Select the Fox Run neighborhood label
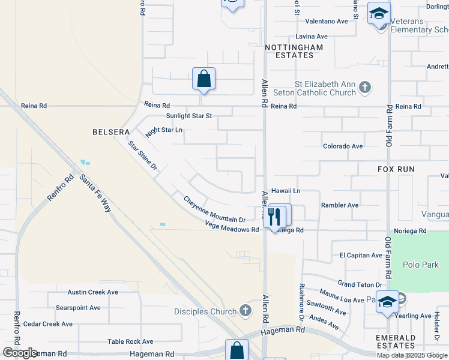click(x=396, y=170)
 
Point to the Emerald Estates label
click(x=396, y=341)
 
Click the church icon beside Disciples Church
click(x=245, y=311)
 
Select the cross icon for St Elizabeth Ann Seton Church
click(x=364, y=89)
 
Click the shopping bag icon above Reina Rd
click(x=203, y=79)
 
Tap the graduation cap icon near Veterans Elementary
click(x=379, y=13)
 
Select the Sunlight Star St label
click(x=189, y=116)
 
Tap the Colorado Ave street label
click(x=343, y=146)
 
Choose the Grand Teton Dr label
click(x=360, y=284)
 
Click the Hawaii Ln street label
click(x=285, y=190)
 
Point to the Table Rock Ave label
click(x=130, y=341)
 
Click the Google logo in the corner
click(x=20, y=353)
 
